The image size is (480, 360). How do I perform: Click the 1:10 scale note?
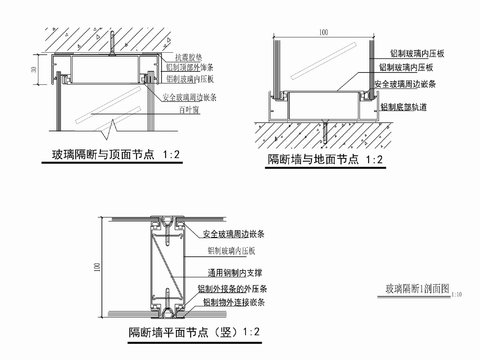[456, 296]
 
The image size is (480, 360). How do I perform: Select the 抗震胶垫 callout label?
[191, 56]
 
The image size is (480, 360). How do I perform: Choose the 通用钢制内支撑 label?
[236, 271]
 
